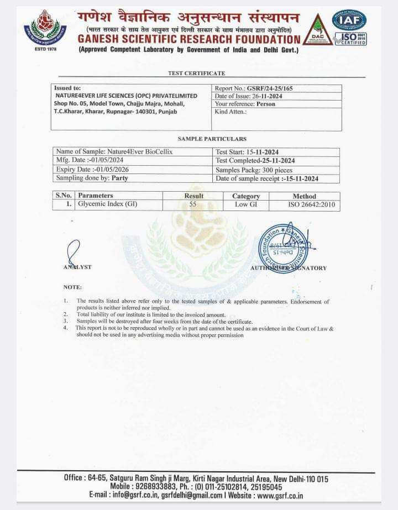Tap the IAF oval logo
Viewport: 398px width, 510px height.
coord(349,19)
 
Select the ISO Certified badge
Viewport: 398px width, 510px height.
coord(350,39)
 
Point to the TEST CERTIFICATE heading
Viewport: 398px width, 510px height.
coord(196,73)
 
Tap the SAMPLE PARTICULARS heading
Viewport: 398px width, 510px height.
coord(212,139)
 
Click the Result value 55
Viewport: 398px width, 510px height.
coord(193,204)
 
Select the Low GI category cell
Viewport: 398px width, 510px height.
coord(245,204)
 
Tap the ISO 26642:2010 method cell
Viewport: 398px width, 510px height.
coord(304,204)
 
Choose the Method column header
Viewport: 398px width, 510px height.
coord(304,196)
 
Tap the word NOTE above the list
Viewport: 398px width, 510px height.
coord(72,287)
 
